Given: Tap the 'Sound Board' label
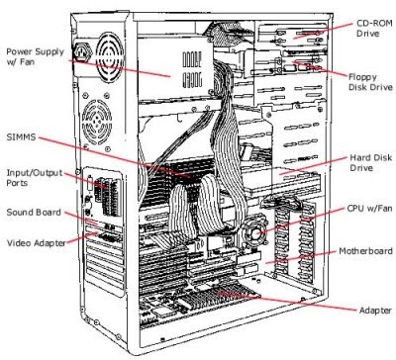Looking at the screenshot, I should tap(33, 212).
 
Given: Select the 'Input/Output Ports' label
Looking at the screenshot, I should tap(28, 178).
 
